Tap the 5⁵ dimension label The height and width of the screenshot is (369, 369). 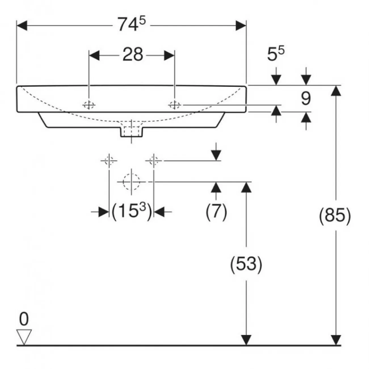click(276, 54)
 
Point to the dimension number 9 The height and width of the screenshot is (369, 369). click(305, 99)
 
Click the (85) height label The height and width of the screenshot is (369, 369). click(335, 216)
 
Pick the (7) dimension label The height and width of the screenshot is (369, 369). click(216, 211)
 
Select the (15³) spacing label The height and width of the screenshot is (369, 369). click(131, 211)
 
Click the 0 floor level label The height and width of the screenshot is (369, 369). click(24, 320)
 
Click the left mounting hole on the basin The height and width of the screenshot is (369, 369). click(89, 105)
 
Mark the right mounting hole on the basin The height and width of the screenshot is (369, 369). click(174, 105)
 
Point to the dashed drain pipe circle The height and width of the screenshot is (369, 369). click(131, 182)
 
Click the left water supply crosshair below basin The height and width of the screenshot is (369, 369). click(109, 161)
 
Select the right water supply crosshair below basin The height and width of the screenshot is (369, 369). click(154, 161)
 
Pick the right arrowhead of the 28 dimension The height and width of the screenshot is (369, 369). click(169, 55)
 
